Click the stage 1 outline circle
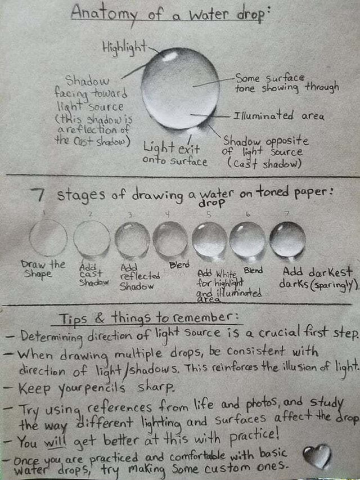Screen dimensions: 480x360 point(48,238)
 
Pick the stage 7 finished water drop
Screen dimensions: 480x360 point(287,239)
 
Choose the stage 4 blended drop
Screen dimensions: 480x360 point(170,239)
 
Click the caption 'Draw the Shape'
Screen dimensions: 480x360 point(43,268)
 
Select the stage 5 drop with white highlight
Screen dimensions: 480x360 point(209,239)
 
